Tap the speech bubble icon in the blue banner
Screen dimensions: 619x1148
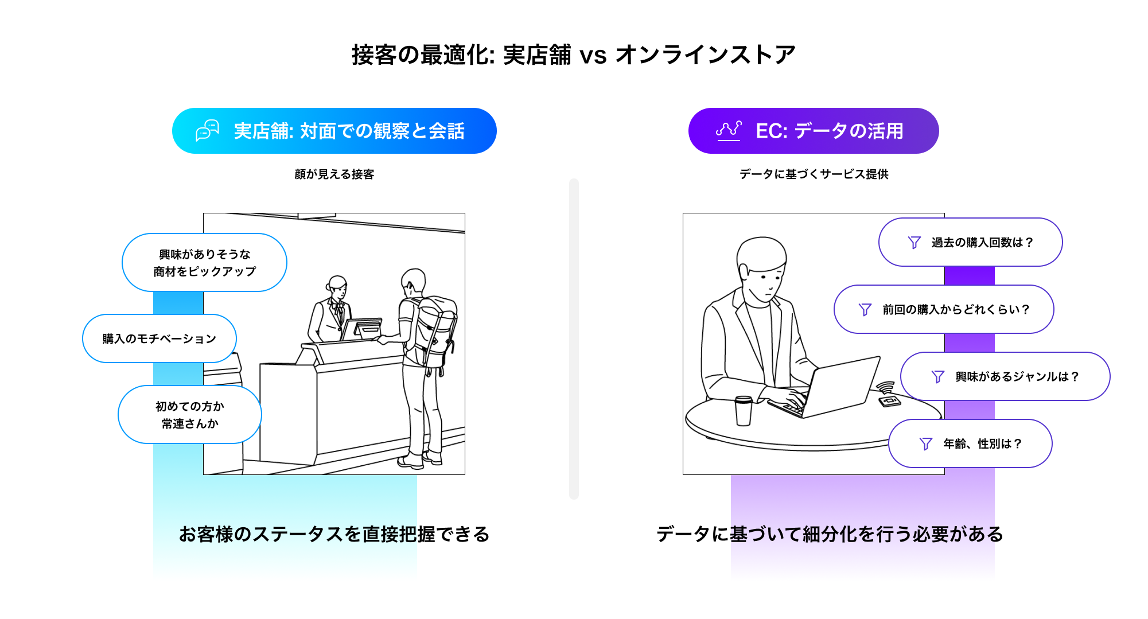207,131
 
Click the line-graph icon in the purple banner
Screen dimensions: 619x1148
729,131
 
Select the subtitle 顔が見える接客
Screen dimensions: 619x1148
334,174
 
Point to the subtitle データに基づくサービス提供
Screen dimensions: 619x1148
814,174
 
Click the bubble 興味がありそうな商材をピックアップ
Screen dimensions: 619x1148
204,263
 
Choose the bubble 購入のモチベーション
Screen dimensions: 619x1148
159,338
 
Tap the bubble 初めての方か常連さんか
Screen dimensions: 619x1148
189,415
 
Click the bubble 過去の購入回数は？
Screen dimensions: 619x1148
970,242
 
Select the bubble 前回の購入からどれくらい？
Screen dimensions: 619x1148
944,309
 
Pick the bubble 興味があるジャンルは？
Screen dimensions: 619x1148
1005,376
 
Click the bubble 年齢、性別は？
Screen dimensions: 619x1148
970,443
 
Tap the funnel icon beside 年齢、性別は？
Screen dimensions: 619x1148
925,443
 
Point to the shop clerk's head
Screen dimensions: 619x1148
337,285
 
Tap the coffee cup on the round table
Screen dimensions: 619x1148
744,410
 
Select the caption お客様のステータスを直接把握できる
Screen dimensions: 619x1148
334,534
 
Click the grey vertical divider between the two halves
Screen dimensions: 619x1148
574,338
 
